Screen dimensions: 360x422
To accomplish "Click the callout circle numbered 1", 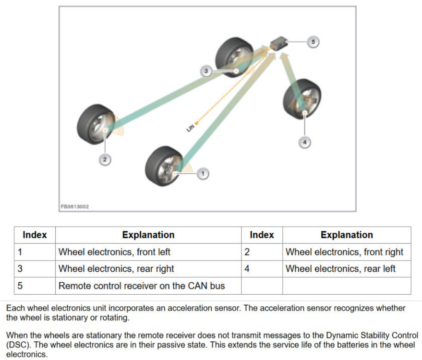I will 203,173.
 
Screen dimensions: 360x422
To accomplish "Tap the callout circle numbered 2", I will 105,159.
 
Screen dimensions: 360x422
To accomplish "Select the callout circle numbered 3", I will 206,71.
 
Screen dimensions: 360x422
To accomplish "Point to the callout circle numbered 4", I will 304,142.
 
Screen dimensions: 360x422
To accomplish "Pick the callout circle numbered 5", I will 313,42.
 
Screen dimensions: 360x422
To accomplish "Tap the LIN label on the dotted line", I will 191,127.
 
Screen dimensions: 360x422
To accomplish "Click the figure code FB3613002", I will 75,206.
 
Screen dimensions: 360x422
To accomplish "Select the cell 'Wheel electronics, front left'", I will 114,252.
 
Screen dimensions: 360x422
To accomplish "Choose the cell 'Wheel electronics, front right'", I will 344,252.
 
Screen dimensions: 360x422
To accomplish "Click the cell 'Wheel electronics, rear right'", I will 116,269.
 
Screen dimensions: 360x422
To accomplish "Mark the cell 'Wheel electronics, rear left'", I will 340,269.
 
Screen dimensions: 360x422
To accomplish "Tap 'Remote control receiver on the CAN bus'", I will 142,286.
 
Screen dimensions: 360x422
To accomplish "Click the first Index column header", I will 35,235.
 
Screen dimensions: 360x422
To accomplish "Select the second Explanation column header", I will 347,235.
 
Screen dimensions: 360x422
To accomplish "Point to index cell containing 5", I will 20,286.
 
